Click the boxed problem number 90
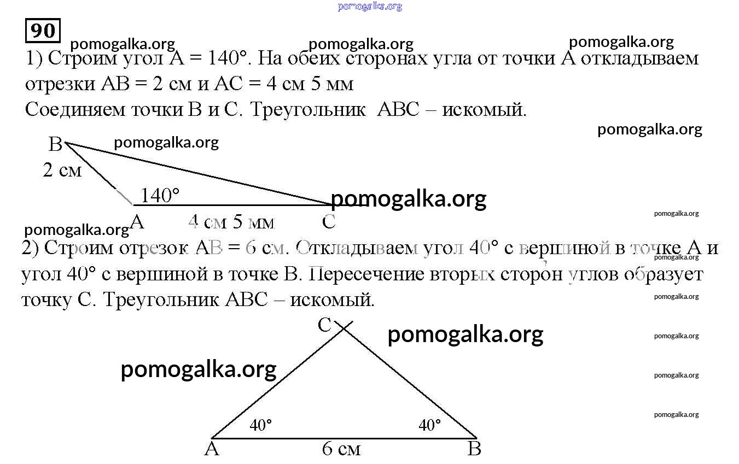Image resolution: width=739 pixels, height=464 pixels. (x=42, y=31)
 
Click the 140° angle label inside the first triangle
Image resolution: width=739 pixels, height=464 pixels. (x=160, y=195)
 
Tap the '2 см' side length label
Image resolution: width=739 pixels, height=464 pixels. (x=62, y=171)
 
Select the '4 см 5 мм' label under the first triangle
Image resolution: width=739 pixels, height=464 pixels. (x=231, y=222)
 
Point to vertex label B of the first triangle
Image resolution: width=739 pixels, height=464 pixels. (x=55, y=144)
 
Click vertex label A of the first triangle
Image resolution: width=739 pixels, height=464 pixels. (x=137, y=221)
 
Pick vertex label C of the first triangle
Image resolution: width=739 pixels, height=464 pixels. (x=329, y=221)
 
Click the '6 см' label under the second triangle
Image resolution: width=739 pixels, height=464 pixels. (x=341, y=449)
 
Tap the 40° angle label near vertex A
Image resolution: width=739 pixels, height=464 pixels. (x=260, y=425)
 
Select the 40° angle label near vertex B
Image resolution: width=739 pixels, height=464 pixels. (x=429, y=425)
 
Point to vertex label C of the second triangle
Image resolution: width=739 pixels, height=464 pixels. (x=324, y=325)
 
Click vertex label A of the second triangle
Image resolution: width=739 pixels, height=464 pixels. (x=212, y=449)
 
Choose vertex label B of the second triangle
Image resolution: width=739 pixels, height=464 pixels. (x=474, y=449)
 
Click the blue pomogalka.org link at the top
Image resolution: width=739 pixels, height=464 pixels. (x=370, y=7)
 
